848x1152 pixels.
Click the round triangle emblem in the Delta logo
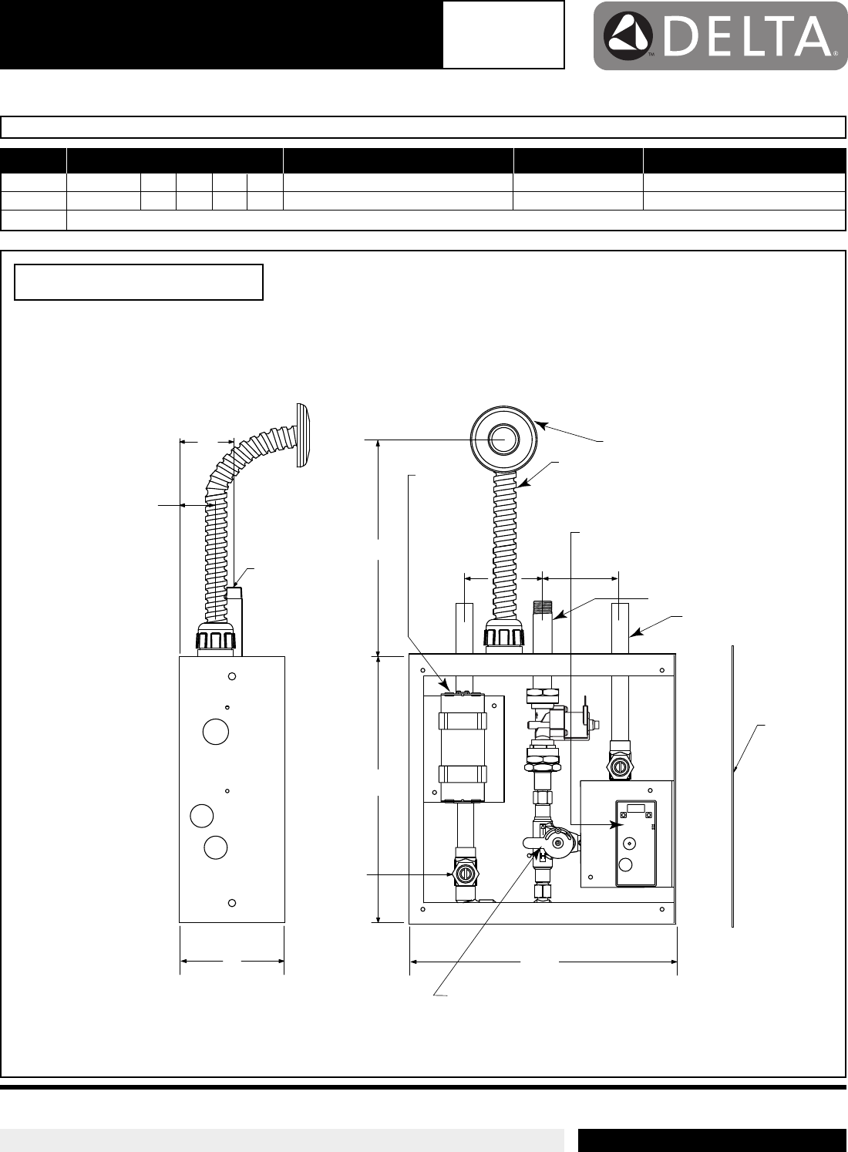pyautogui.click(x=628, y=36)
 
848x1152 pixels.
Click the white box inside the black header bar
pyautogui.click(x=503, y=35)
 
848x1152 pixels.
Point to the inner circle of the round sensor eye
pyautogui.click(x=503, y=440)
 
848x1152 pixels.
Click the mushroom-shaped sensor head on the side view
pyautogui.click(x=303, y=436)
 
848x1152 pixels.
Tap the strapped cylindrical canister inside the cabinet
pyautogui.click(x=463, y=746)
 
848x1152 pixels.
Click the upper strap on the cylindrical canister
pyautogui.click(x=463, y=721)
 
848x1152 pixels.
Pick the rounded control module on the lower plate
pyautogui.click(x=636, y=844)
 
